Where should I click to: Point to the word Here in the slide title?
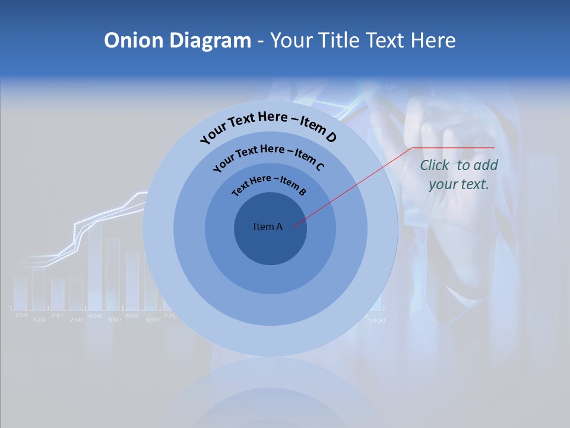[x=427, y=40]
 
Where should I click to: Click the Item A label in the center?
[x=268, y=226]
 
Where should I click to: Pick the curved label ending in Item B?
[x=269, y=184]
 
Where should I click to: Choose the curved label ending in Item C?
[x=268, y=156]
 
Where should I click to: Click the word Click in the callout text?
[x=435, y=165]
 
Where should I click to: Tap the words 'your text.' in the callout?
[x=458, y=184]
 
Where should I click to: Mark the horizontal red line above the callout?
[x=454, y=147]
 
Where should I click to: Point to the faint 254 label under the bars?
[x=21, y=315]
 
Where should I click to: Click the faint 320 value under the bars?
[x=39, y=320]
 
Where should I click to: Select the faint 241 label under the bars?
[x=57, y=315]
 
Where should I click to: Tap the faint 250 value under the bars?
[x=76, y=320]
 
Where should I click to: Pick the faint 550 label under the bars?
[x=114, y=320]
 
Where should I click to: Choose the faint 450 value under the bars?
[x=132, y=315]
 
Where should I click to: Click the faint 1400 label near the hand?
[x=376, y=320]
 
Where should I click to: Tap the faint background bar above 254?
[x=21, y=293]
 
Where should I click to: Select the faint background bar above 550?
[x=113, y=273]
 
